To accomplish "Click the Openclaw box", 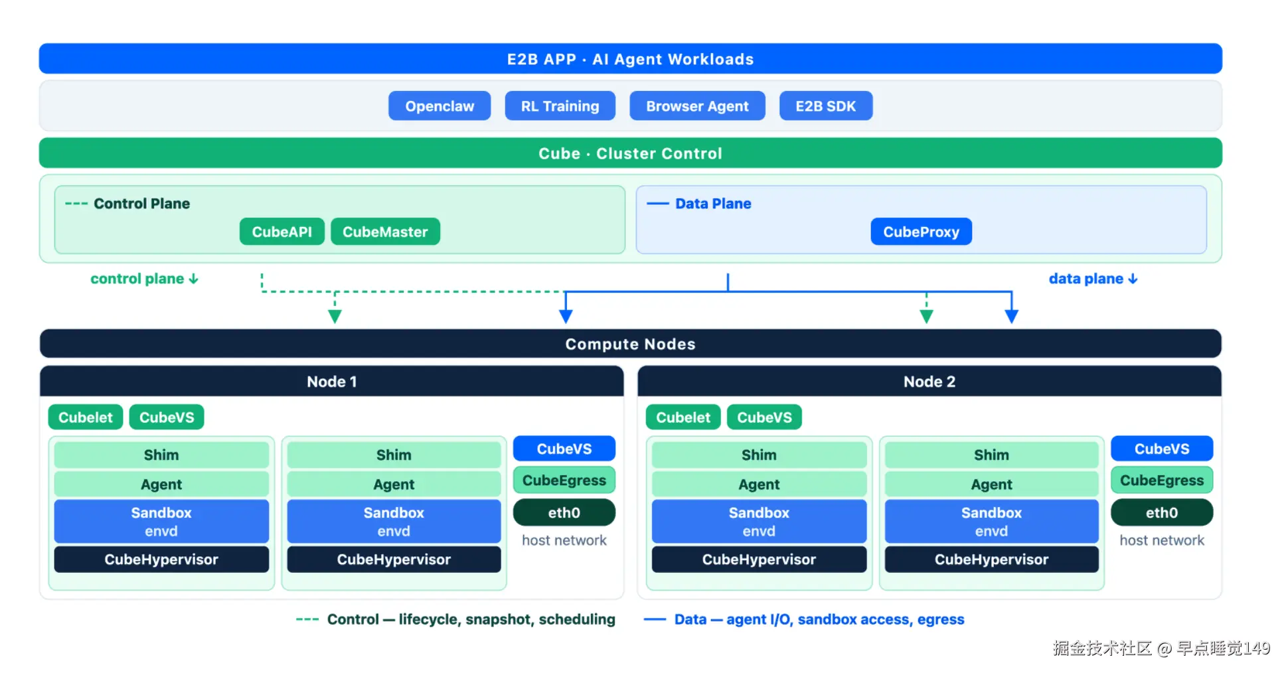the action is pyautogui.click(x=440, y=106).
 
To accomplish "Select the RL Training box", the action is pyautogui.click(x=560, y=106).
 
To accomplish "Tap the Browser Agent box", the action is pyautogui.click(x=697, y=106).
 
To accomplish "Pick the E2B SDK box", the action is pyautogui.click(x=825, y=106).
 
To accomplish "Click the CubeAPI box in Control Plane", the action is pyautogui.click(x=282, y=232).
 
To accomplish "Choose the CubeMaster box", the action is pyautogui.click(x=385, y=232).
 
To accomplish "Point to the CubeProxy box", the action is pyautogui.click(x=921, y=232).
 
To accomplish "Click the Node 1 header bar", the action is pyautogui.click(x=332, y=382).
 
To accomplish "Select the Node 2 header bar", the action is pyautogui.click(x=929, y=382).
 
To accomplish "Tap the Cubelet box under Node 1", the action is pyautogui.click(x=86, y=417).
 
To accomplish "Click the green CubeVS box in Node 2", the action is pyautogui.click(x=764, y=417).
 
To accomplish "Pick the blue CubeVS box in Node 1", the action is pyautogui.click(x=564, y=449).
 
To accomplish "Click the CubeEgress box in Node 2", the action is pyautogui.click(x=1162, y=481).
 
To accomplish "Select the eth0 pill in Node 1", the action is pyautogui.click(x=564, y=512).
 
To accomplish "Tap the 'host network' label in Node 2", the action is pyautogui.click(x=1162, y=540).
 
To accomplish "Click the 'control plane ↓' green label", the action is pyautogui.click(x=144, y=279).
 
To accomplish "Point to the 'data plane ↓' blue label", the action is pyautogui.click(x=1093, y=279).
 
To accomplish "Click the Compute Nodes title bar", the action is pyautogui.click(x=631, y=344).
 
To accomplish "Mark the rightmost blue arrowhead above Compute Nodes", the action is pyautogui.click(x=1011, y=317).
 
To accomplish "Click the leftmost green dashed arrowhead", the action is pyautogui.click(x=335, y=317).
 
